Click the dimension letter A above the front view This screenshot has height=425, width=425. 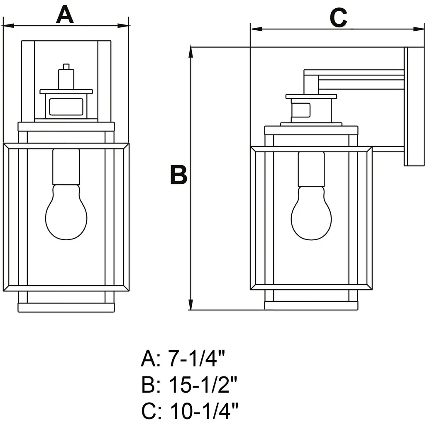65,15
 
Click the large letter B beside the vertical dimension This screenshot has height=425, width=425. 178,175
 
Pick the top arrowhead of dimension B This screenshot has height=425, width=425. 191,52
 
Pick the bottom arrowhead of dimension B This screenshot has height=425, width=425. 191,305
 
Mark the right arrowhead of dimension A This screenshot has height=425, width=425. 124,26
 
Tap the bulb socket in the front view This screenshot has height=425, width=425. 66,167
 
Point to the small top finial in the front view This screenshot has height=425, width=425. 66,67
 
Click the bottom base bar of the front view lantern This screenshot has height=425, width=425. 66,308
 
